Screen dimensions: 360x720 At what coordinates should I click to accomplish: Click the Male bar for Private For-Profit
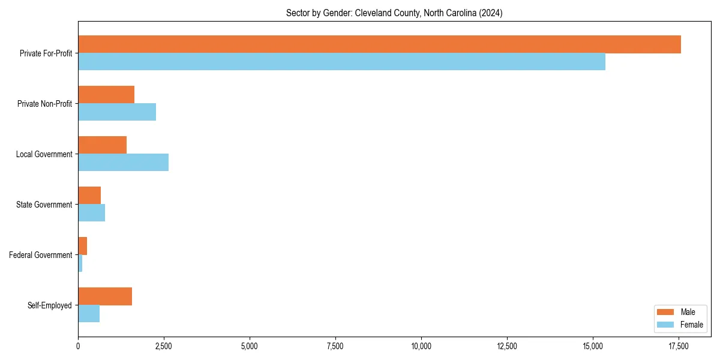[x=379, y=44]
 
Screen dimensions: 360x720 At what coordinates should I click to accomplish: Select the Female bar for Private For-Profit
[x=341, y=62]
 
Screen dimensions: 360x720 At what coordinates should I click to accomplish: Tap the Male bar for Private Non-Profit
[x=106, y=95]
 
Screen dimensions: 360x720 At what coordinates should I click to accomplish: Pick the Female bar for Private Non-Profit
[x=117, y=112]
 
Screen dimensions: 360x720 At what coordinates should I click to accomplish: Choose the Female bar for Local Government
[x=123, y=163]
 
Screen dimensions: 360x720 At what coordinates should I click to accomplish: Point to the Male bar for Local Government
[x=102, y=145]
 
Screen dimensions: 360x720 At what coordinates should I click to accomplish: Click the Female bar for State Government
[x=91, y=213]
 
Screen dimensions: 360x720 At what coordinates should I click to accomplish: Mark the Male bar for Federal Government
[x=83, y=246]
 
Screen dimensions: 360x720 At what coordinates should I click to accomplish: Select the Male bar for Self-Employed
[x=105, y=296]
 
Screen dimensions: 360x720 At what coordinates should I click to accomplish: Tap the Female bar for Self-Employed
[x=89, y=314]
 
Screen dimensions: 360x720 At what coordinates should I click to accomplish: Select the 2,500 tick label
[x=164, y=346]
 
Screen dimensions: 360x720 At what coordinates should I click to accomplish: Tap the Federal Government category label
[x=41, y=255]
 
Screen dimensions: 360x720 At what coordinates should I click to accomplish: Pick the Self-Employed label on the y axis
[x=50, y=305]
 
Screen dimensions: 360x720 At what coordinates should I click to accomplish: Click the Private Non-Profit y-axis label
[x=44, y=104]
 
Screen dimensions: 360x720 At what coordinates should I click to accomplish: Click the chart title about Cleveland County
[x=394, y=13]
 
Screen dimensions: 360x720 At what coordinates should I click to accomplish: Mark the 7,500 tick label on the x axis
[x=335, y=346]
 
